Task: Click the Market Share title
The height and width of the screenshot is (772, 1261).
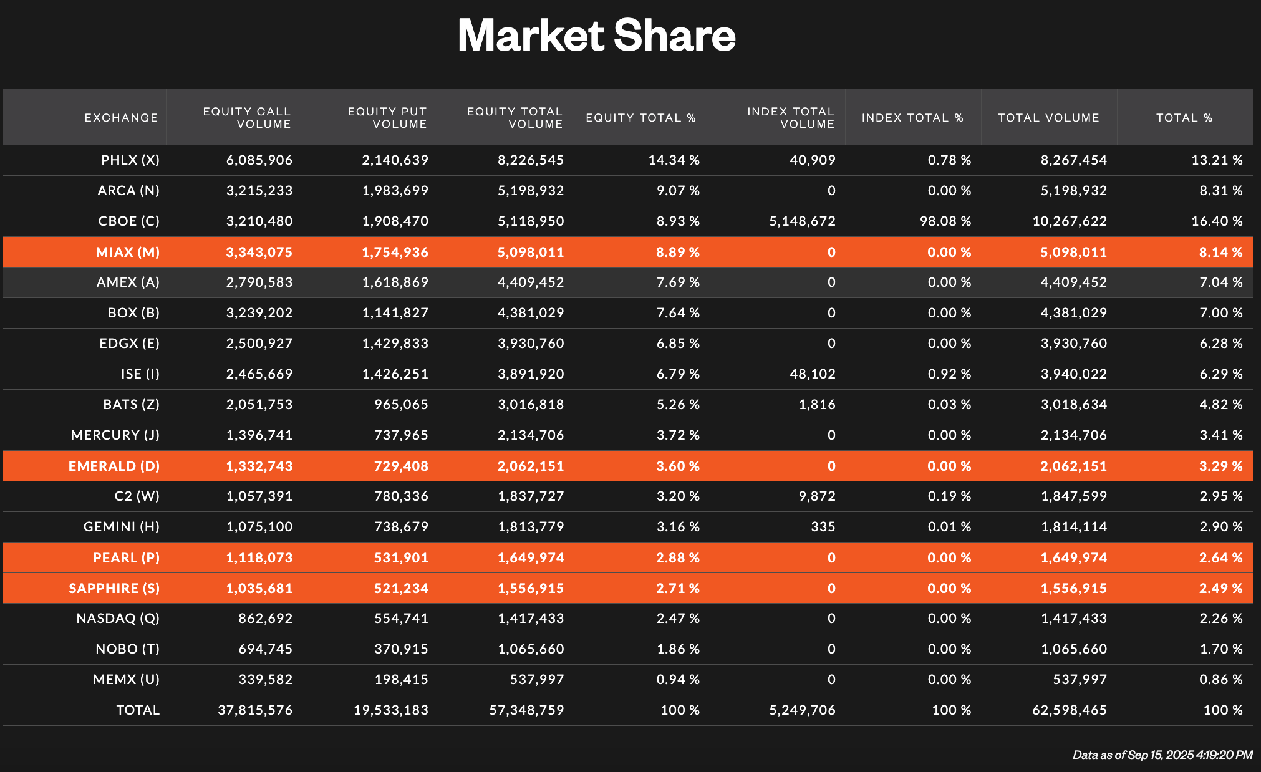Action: pyautogui.click(x=596, y=35)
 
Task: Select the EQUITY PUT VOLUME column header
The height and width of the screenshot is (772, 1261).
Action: pyautogui.click(x=387, y=117)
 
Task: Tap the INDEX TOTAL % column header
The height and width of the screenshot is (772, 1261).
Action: pyautogui.click(x=912, y=117)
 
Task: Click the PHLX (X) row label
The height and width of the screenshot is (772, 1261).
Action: pyautogui.click(x=130, y=160)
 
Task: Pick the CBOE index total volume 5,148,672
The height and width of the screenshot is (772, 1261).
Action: pyautogui.click(x=802, y=221)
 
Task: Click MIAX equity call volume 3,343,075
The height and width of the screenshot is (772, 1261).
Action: pyautogui.click(x=259, y=253)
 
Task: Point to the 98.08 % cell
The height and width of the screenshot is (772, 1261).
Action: pyautogui.click(x=945, y=221)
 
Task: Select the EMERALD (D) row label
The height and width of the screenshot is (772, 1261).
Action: pyautogui.click(x=114, y=466)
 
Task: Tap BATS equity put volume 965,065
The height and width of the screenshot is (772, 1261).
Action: pyautogui.click(x=401, y=405)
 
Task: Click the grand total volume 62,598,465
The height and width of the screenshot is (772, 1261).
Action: pyautogui.click(x=1069, y=710)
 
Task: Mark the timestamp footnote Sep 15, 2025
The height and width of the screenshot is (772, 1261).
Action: pyautogui.click(x=1162, y=755)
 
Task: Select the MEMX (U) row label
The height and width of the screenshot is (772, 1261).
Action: pyautogui.click(x=126, y=680)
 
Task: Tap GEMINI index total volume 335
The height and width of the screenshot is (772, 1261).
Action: pyautogui.click(x=823, y=527)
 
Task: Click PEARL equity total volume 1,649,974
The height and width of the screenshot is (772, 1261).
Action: pyautogui.click(x=531, y=558)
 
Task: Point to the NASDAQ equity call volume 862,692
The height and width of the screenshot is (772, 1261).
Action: pyautogui.click(x=265, y=619)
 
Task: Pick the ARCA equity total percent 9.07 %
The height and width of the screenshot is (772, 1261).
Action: pyautogui.click(x=678, y=191)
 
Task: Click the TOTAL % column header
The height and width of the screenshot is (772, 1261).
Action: pyautogui.click(x=1184, y=117)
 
